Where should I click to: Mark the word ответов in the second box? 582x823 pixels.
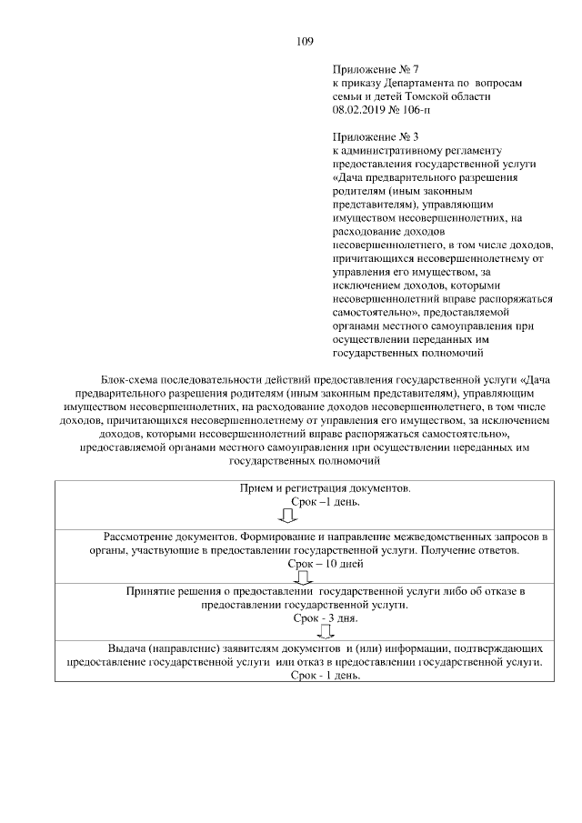click(495, 551)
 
